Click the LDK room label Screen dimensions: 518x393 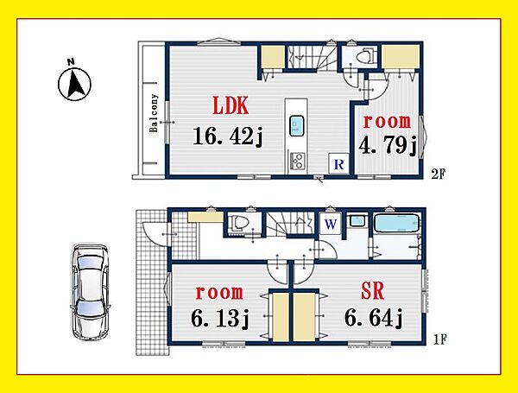point(231,105)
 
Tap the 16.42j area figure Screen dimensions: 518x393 point(228,136)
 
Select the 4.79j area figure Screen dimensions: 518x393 point(388,145)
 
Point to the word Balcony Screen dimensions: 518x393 point(154,113)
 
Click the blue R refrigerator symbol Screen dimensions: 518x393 point(339,163)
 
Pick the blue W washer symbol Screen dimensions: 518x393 point(331,225)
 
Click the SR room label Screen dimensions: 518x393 point(372,291)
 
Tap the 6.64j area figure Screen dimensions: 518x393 point(373,318)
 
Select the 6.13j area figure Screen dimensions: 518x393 point(219,319)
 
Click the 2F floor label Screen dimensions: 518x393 point(439,174)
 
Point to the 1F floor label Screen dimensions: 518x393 point(440,339)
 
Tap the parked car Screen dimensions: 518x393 point(90,292)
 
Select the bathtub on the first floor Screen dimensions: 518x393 point(396,224)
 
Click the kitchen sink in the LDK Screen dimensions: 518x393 point(296,125)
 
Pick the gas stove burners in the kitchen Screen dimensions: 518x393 point(297,162)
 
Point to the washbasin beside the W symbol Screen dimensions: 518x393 point(357,220)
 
